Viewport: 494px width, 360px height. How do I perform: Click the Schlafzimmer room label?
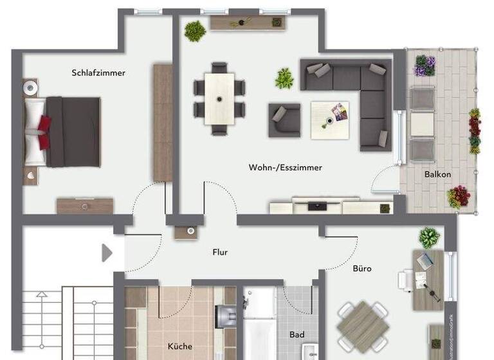98,73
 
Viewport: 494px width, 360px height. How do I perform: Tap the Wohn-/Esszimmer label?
285,167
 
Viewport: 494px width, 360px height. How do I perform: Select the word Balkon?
437,174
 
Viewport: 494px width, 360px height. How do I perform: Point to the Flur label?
220,253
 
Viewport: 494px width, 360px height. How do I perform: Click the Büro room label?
361,268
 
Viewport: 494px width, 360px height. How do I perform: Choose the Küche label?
180,346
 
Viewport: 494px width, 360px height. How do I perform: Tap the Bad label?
297,335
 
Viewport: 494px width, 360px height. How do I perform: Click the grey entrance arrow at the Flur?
107,253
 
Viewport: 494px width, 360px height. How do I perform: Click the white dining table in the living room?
219,98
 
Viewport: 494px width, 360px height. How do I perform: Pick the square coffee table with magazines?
331,120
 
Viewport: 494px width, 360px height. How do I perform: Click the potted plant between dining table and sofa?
284,79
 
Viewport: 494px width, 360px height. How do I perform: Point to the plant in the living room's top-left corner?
194,30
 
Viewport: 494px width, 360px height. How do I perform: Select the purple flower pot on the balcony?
424,65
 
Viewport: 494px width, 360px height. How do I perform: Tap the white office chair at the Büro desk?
407,280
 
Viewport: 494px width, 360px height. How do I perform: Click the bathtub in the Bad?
259,321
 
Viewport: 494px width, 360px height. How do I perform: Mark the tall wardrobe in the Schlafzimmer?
162,122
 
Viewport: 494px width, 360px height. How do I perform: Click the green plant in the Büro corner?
429,238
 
